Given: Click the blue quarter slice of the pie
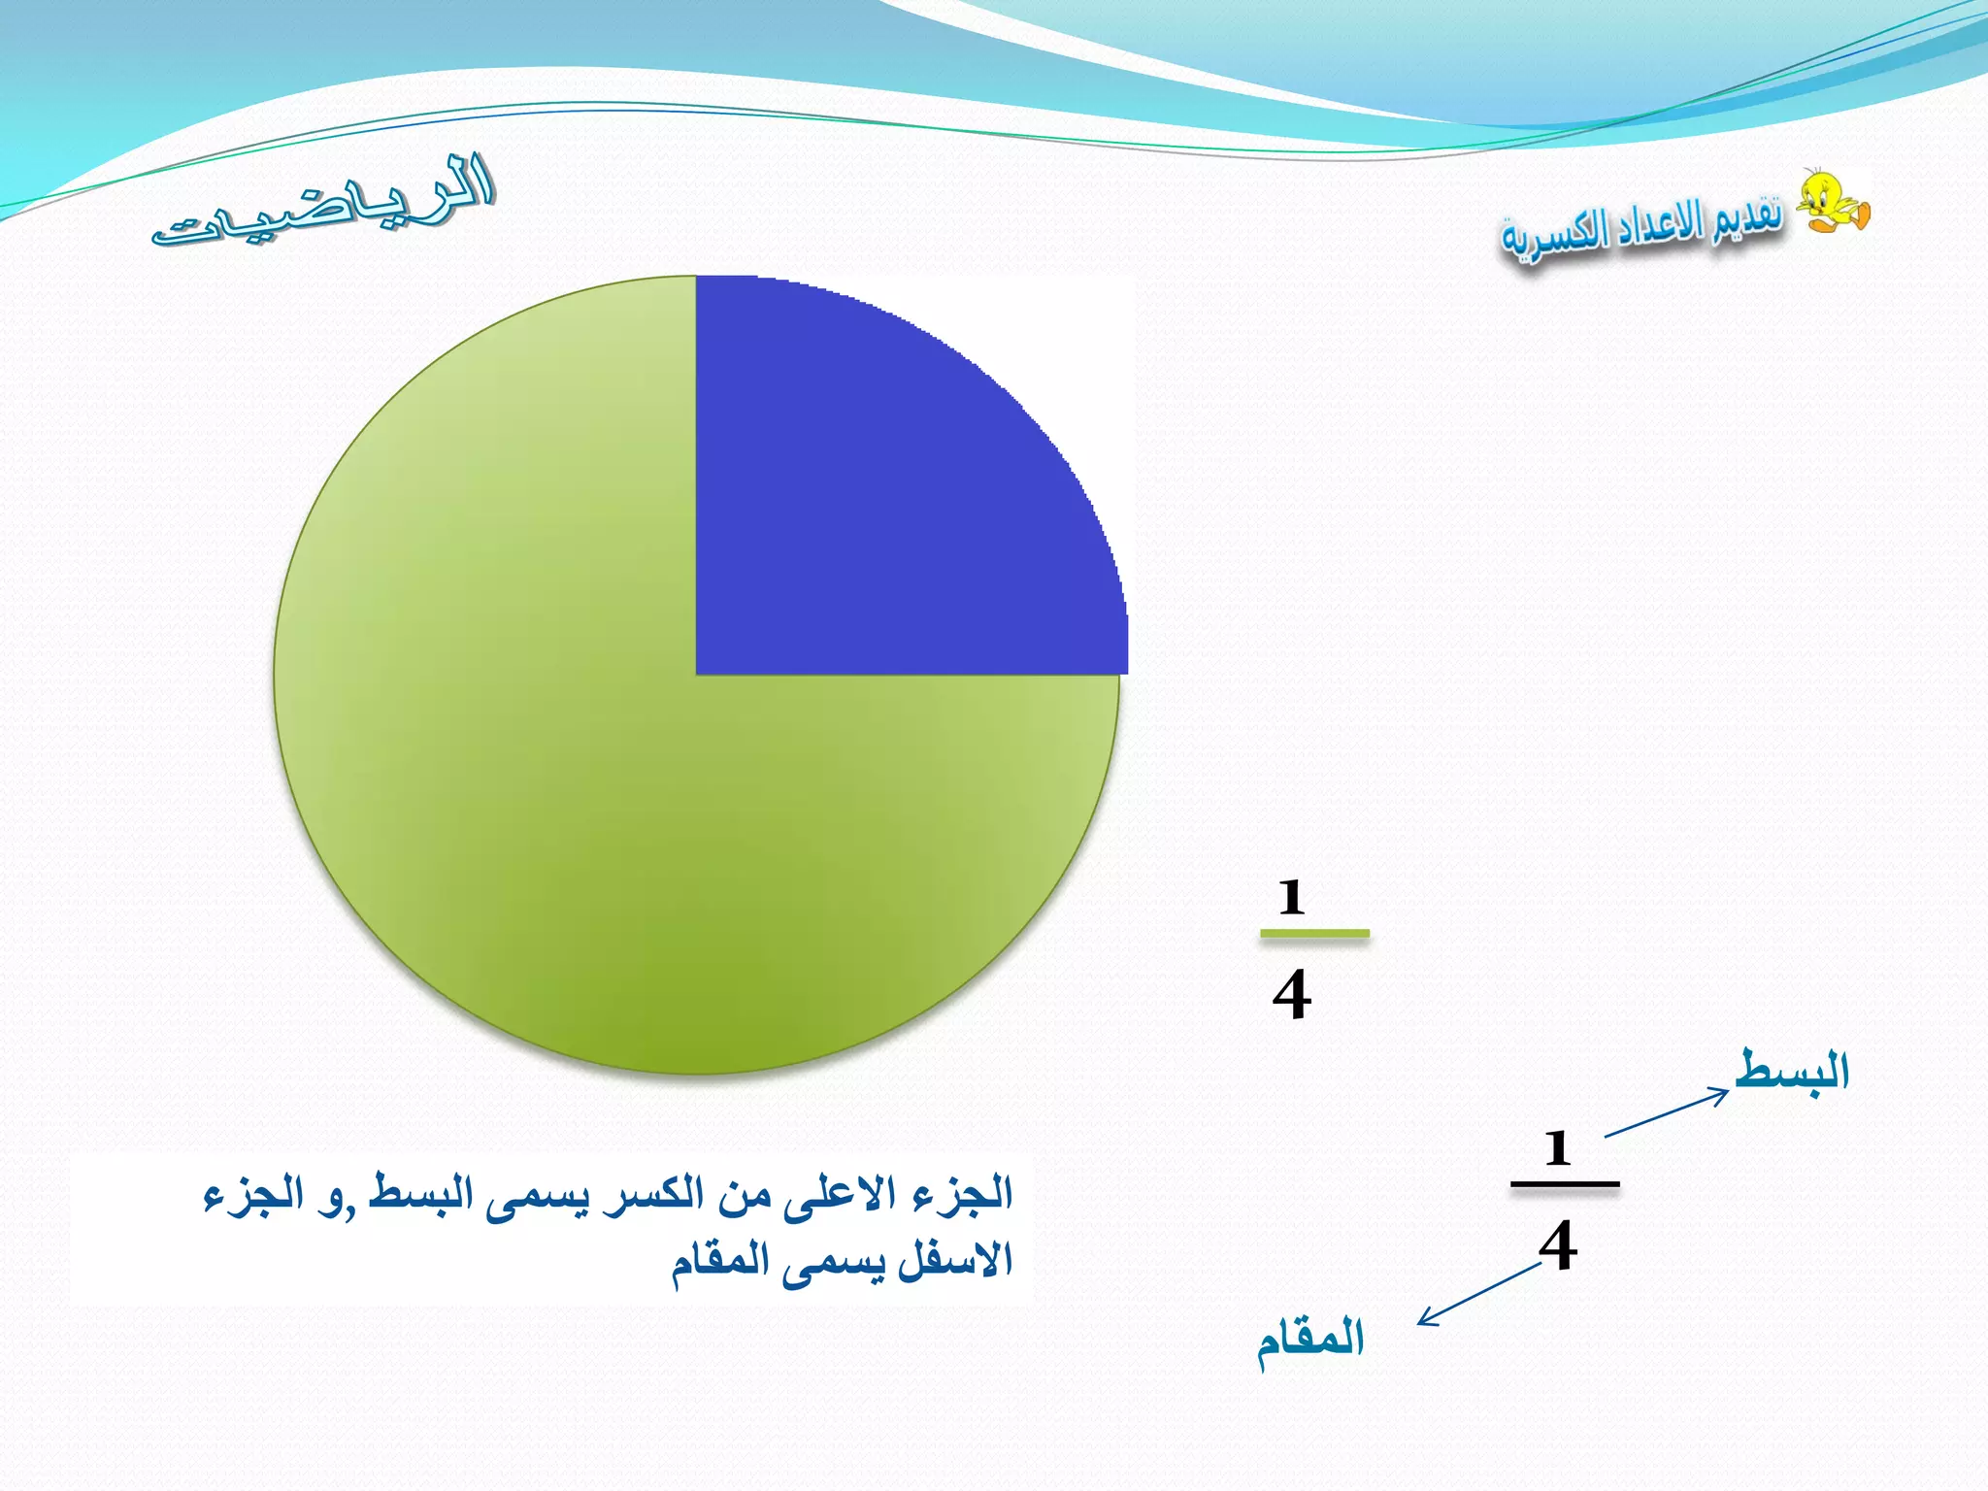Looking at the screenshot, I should click(x=893, y=485).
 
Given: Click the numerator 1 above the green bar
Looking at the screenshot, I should click(x=1291, y=897).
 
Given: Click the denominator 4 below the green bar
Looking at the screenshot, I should click(x=1292, y=995).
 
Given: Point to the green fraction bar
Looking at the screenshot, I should click(x=1314, y=934).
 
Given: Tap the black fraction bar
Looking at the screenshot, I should click(x=1565, y=1184).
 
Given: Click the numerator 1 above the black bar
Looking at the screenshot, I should click(x=1558, y=1148).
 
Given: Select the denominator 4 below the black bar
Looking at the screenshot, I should click(x=1558, y=1245).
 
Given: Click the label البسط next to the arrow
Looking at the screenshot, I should click(x=1792, y=1071).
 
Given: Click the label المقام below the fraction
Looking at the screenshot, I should click(x=1310, y=1340).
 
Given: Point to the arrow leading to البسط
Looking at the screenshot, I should click(x=1666, y=1113).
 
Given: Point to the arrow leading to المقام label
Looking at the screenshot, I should click(x=1479, y=1294).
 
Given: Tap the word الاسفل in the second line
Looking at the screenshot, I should click(x=956, y=1261).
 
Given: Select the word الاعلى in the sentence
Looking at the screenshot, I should click(x=840, y=1195).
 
